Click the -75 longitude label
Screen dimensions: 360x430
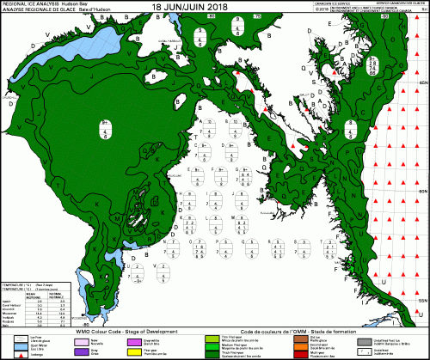coord(257,16)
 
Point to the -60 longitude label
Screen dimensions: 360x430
coord(384,16)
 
